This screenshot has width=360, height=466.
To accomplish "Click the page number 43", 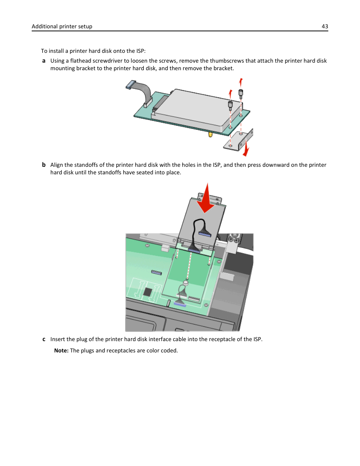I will pos(325,26).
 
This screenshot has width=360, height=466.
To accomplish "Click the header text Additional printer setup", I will pos(62,26).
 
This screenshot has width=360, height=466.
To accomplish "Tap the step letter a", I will pos(44,61).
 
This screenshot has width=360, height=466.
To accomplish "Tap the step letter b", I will pos(44,165).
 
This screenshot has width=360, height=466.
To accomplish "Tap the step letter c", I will pos(44,339).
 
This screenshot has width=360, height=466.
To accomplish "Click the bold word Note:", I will pos(61,351).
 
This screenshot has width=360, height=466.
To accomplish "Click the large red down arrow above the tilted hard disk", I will pos(206,198).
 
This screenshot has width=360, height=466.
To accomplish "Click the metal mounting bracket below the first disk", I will pos(238,140).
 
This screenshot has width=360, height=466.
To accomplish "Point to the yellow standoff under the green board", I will pos(210,134).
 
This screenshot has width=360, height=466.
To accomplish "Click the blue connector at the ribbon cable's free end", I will pos(131,85).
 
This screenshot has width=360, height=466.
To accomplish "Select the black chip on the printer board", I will pos(148,292).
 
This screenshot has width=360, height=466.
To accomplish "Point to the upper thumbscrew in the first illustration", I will pos(241,92).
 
